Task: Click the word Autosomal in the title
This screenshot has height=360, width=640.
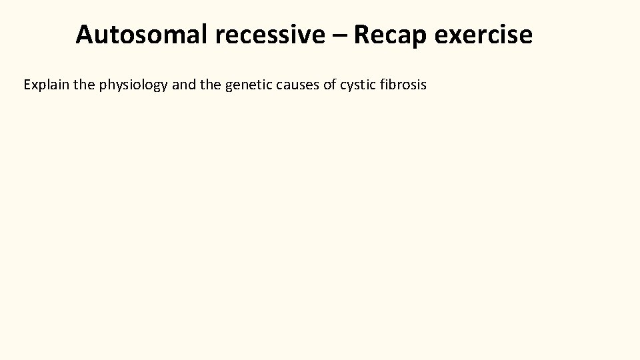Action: (142, 35)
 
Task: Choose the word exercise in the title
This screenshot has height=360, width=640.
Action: (483, 35)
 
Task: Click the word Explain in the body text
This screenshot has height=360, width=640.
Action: (47, 85)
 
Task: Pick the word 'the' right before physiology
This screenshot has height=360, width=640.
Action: (85, 85)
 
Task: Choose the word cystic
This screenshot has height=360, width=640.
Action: (357, 86)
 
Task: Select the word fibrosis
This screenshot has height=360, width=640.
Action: (403, 85)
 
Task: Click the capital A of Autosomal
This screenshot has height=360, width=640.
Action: (85, 35)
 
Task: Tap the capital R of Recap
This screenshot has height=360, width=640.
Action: (362, 35)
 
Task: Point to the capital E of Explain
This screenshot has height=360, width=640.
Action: (27, 85)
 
